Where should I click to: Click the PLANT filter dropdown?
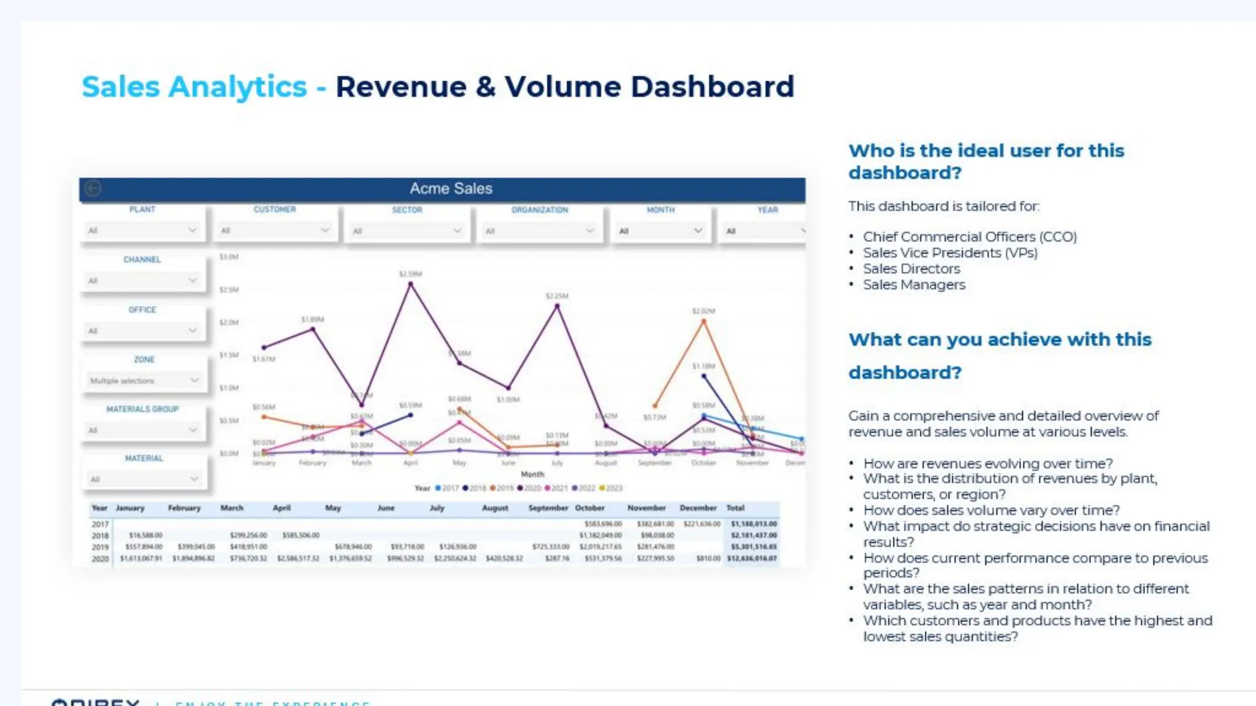(142, 230)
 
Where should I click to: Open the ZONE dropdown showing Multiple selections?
(144, 381)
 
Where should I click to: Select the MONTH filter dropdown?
(660, 231)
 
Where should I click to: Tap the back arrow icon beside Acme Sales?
(93, 188)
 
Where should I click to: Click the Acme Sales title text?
(451, 189)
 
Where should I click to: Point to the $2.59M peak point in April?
(410, 284)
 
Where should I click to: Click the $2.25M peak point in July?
(557, 306)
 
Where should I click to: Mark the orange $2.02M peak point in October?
(703, 321)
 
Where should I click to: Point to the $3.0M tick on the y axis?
(229, 257)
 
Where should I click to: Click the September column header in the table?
(548, 508)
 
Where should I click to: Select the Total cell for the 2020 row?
(752, 558)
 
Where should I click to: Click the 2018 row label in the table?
(100, 536)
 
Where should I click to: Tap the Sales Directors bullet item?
(911, 269)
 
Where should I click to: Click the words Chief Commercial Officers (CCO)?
(970, 237)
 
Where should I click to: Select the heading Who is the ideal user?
(986, 162)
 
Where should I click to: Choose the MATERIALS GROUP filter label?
(142, 409)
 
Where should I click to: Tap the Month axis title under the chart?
(532, 474)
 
